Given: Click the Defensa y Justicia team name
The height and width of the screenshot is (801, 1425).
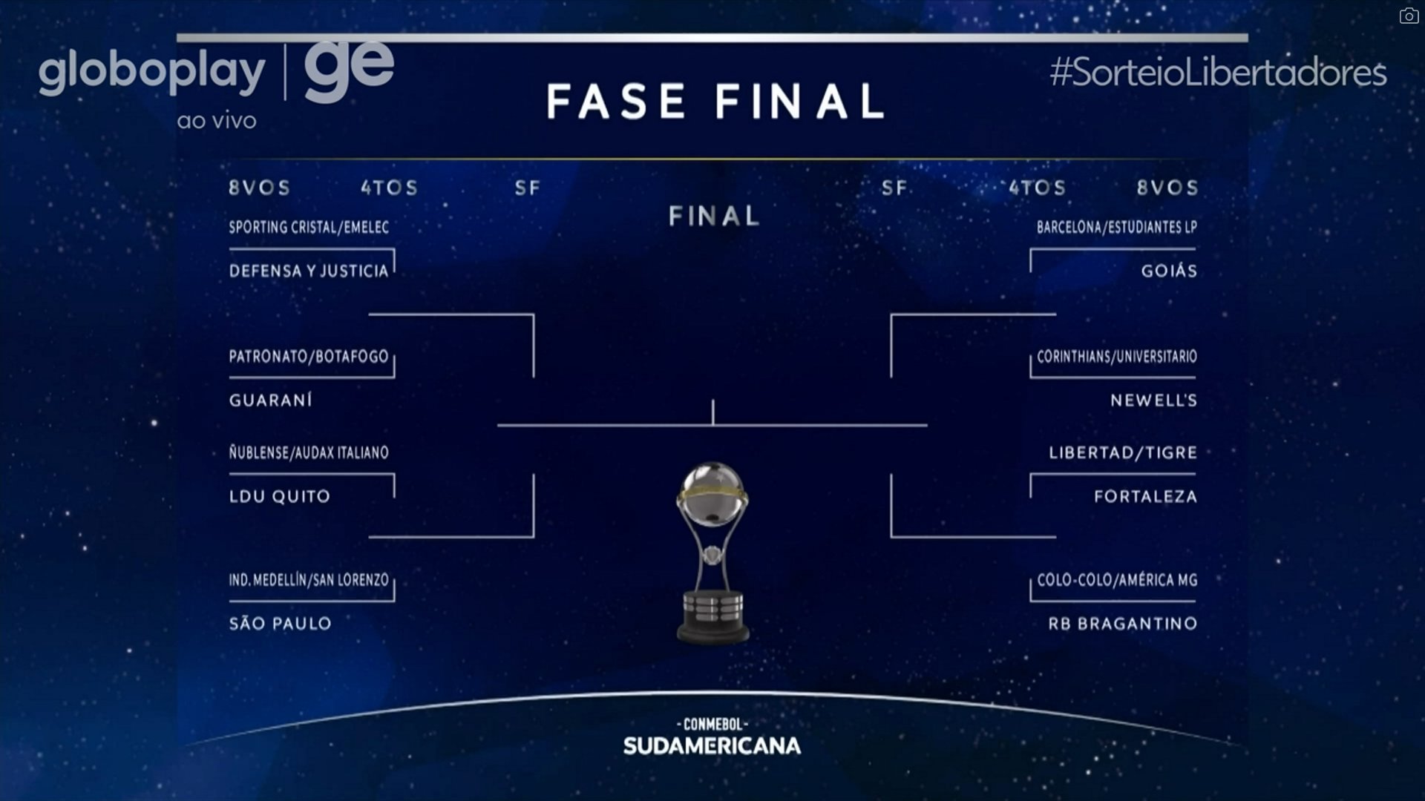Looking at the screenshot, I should [x=309, y=271].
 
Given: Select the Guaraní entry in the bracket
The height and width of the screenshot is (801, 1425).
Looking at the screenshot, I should [x=271, y=400].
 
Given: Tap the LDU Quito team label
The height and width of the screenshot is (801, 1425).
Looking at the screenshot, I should [x=280, y=496].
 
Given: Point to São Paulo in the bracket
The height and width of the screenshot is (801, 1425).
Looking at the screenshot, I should [x=281, y=624].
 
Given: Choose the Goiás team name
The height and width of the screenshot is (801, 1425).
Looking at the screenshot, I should [x=1169, y=271].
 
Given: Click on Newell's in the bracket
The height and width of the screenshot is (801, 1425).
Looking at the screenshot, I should [x=1153, y=400].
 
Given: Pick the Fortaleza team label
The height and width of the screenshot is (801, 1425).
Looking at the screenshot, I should [x=1145, y=496].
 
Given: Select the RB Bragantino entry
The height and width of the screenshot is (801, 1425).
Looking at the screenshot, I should [x=1122, y=624].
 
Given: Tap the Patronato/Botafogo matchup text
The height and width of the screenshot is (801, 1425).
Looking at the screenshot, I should [x=309, y=357].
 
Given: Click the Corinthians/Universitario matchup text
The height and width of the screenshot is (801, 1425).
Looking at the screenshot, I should [x=1116, y=357].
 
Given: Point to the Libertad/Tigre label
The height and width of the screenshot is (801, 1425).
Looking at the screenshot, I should [x=1122, y=452].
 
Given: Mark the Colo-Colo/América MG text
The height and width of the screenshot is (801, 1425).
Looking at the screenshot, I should [x=1117, y=580].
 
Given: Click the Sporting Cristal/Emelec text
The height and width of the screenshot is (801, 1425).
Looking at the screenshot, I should [x=309, y=227].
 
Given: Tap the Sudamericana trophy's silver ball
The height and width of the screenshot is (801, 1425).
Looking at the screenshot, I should [x=712, y=493].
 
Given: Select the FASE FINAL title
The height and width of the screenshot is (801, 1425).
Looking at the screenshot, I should [x=715, y=101].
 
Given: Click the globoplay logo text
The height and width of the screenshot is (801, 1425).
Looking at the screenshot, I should [x=152, y=73].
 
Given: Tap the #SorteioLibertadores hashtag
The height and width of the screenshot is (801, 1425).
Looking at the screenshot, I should [x=1218, y=73].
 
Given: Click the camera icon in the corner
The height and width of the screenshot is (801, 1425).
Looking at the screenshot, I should [x=1409, y=16].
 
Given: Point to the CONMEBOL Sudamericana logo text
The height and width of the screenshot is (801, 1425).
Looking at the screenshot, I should [x=712, y=737].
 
